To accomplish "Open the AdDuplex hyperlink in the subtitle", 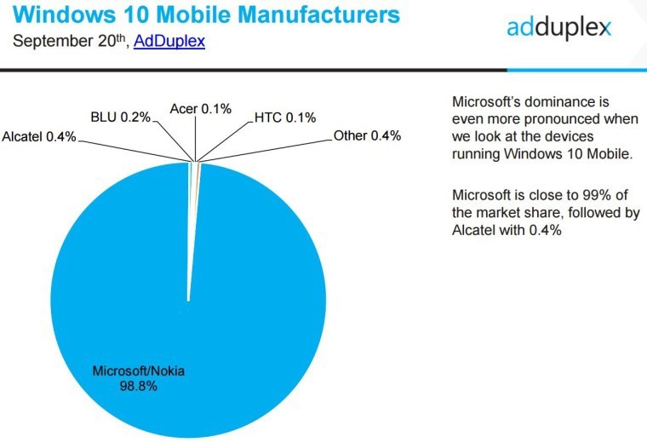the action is [x=169, y=41].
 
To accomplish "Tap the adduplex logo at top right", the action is [x=558, y=27].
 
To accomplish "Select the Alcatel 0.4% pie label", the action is [x=39, y=136].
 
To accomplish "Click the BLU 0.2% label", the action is [x=121, y=118].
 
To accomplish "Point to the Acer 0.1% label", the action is [x=201, y=109].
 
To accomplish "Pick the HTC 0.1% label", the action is [x=285, y=118].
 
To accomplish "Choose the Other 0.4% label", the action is [x=367, y=135].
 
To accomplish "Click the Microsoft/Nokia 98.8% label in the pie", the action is [x=139, y=378].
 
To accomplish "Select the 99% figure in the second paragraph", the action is [x=596, y=194].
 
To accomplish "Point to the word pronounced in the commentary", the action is [x=562, y=119].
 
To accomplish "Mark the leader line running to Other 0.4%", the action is [x=266, y=151].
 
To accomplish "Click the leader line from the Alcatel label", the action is [x=135, y=151].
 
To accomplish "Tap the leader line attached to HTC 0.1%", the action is [x=225, y=141].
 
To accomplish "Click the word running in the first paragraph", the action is [x=476, y=154].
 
